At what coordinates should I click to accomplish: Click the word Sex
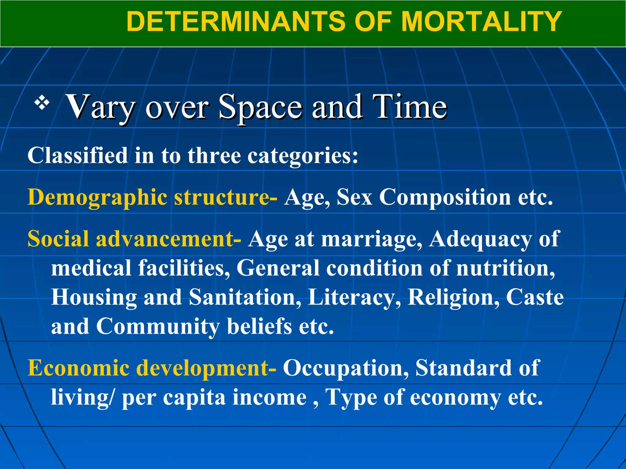pos(354,197)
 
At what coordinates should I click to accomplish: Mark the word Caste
pos(535,297)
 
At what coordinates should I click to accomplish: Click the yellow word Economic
pos(79,368)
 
